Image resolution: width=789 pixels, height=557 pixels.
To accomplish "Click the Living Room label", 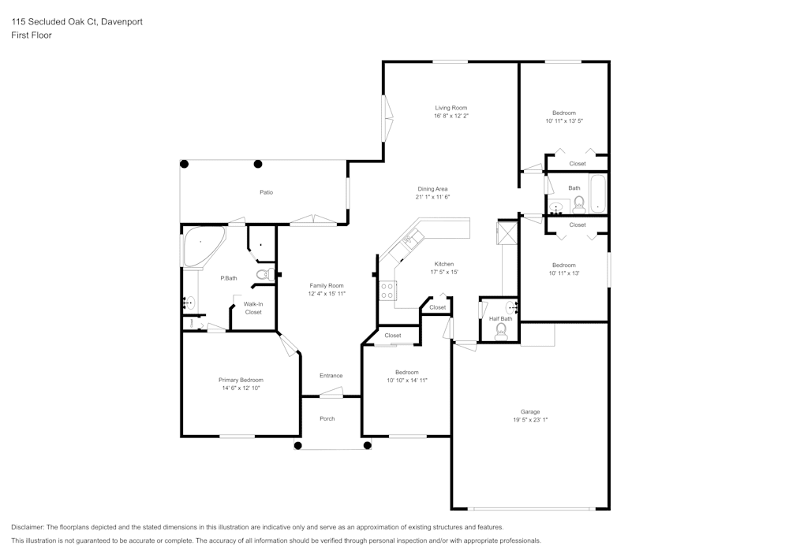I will point(451,108).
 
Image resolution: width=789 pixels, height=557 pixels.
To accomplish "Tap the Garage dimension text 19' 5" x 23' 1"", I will point(529,420).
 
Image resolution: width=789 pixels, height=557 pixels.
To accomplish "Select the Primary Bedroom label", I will point(241,380).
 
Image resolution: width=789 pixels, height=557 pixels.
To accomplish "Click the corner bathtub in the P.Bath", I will point(200,247).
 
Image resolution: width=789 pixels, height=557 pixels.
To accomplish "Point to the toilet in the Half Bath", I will point(500,332).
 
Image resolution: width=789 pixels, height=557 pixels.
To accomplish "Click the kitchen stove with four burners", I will point(387,291).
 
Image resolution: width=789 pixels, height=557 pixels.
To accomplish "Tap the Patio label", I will point(267,192).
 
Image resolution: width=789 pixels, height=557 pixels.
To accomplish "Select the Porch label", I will point(327,418).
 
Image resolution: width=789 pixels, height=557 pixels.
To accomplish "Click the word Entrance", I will point(331,376).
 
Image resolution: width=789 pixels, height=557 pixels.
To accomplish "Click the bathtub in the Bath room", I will point(598,195).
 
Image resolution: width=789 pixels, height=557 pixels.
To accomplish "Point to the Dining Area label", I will point(432,189).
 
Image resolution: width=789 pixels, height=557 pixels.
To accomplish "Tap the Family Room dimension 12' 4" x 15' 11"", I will point(327,293).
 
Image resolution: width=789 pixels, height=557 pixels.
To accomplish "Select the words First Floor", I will point(32,35).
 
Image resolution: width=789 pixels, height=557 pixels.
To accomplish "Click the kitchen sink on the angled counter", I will point(409,238).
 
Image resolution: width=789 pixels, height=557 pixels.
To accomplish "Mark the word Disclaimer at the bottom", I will point(28,527).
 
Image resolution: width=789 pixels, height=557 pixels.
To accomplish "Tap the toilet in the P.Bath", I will point(266,274).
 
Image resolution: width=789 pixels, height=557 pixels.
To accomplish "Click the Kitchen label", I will point(444,264).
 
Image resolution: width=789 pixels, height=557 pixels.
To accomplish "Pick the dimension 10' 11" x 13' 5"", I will point(563,121).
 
